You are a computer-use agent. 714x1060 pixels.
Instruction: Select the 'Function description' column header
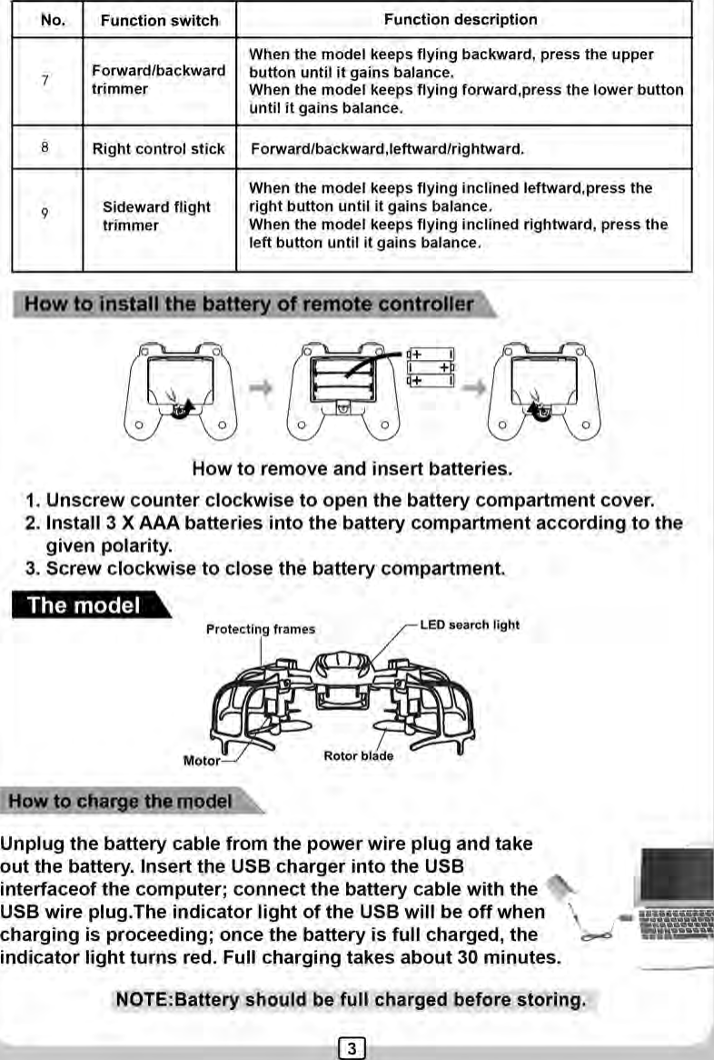click(x=461, y=19)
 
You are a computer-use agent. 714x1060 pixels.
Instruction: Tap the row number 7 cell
click(x=45, y=80)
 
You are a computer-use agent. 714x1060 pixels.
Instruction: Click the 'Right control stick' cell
click(x=158, y=148)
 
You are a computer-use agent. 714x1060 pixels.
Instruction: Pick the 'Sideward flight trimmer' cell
click(x=156, y=216)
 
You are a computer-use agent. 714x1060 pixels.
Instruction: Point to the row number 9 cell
click(x=45, y=215)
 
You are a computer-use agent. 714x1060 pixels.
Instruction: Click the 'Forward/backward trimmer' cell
click(x=158, y=80)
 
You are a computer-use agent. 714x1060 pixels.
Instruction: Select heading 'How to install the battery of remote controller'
click(x=249, y=305)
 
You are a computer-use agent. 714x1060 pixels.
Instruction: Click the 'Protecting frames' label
click(x=261, y=629)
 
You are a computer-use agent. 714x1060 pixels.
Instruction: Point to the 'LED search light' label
click(x=471, y=625)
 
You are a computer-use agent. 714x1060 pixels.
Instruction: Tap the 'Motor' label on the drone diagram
click(x=202, y=760)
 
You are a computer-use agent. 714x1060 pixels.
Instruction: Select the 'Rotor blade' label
click(x=358, y=755)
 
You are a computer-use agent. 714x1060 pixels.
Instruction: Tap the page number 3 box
click(x=352, y=1047)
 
